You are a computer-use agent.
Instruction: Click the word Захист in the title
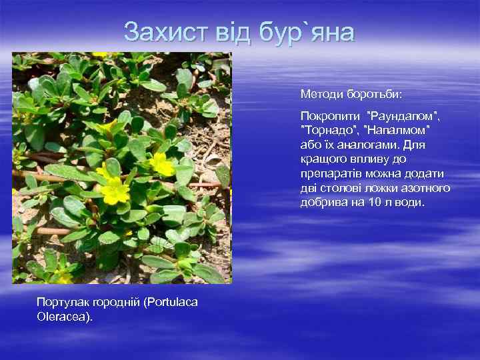[162, 32]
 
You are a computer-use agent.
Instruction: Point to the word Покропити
[327, 116]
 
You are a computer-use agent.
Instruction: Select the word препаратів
[331, 173]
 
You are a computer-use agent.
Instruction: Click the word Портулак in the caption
[59, 302]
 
